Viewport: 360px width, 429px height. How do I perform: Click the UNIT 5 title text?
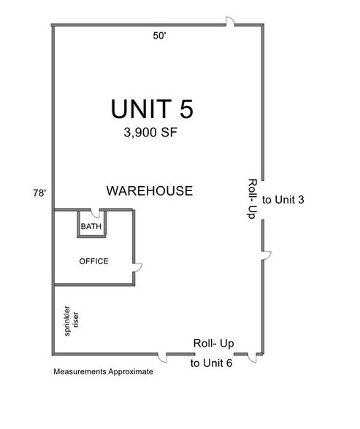[153, 109]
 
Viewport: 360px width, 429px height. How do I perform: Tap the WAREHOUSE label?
[150, 191]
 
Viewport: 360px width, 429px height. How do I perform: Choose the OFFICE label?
[93, 261]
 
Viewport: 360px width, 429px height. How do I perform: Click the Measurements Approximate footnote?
[103, 371]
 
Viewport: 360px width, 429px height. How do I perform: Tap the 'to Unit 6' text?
[211, 363]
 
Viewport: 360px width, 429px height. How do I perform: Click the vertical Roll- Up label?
[252, 201]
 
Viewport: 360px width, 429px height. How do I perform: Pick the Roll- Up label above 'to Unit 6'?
[212, 343]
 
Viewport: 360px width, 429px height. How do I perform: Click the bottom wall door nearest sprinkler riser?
[164, 357]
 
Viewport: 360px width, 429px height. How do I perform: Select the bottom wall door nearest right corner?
[250, 357]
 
